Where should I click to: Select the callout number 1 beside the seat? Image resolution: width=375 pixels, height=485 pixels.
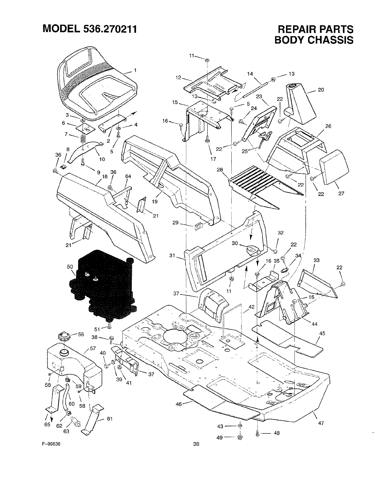[135, 70]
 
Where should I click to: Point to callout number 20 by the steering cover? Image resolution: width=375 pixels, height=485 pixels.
[321, 90]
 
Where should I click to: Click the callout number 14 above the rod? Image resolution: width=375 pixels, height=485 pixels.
[250, 74]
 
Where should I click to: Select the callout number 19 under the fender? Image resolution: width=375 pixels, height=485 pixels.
[155, 201]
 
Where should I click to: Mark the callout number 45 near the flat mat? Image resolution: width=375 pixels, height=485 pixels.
[322, 333]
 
